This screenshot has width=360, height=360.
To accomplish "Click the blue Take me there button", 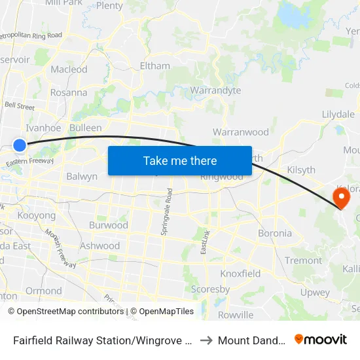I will [x=180, y=160].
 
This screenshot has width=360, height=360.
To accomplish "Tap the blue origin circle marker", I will [x=20, y=145].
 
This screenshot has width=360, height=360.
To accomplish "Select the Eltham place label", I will [x=155, y=65].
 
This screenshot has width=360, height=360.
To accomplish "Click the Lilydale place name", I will [x=338, y=114].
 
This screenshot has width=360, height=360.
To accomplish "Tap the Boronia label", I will [x=275, y=233].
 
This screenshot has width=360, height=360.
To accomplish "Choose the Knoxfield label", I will [x=240, y=274].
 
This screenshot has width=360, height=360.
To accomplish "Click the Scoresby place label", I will [x=210, y=289].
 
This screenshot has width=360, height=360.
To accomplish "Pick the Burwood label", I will [x=108, y=225].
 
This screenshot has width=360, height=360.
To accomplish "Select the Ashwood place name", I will [x=100, y=246].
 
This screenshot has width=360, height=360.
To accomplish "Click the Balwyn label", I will [x=82, y=176].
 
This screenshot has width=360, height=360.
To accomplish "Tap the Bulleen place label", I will [x=86, y=128].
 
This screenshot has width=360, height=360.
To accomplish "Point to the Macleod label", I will [x=69, y=69].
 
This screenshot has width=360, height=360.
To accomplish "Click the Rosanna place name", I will [x=69, y=92].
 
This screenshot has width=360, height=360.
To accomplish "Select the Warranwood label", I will [x=241, y=132].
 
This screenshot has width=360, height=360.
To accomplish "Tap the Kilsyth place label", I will [x=301, y=170].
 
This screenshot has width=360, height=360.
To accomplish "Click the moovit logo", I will [x=321, y=340].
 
